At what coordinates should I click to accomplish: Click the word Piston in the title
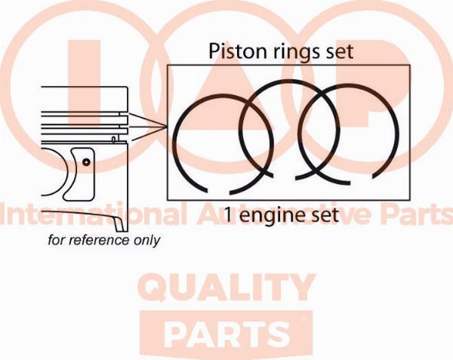tap(233, 51)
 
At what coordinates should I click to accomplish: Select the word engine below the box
tap(270, 216)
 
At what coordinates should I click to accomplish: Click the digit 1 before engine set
tap(228, 215)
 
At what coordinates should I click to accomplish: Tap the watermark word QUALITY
tap(226, 288)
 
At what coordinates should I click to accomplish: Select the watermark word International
tap(94, 213)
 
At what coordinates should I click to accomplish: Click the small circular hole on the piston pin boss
tap(86, 162)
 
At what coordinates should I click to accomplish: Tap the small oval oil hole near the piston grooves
tap(114, 140)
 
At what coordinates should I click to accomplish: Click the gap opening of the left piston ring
tap(219, 192)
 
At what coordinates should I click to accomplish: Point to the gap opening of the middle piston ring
tap(285, 177)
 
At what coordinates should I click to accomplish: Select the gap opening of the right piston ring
tap(362, 180)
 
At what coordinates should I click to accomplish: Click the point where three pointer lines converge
tap(168, 127)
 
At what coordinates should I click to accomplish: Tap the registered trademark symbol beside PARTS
tap(304, 319)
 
